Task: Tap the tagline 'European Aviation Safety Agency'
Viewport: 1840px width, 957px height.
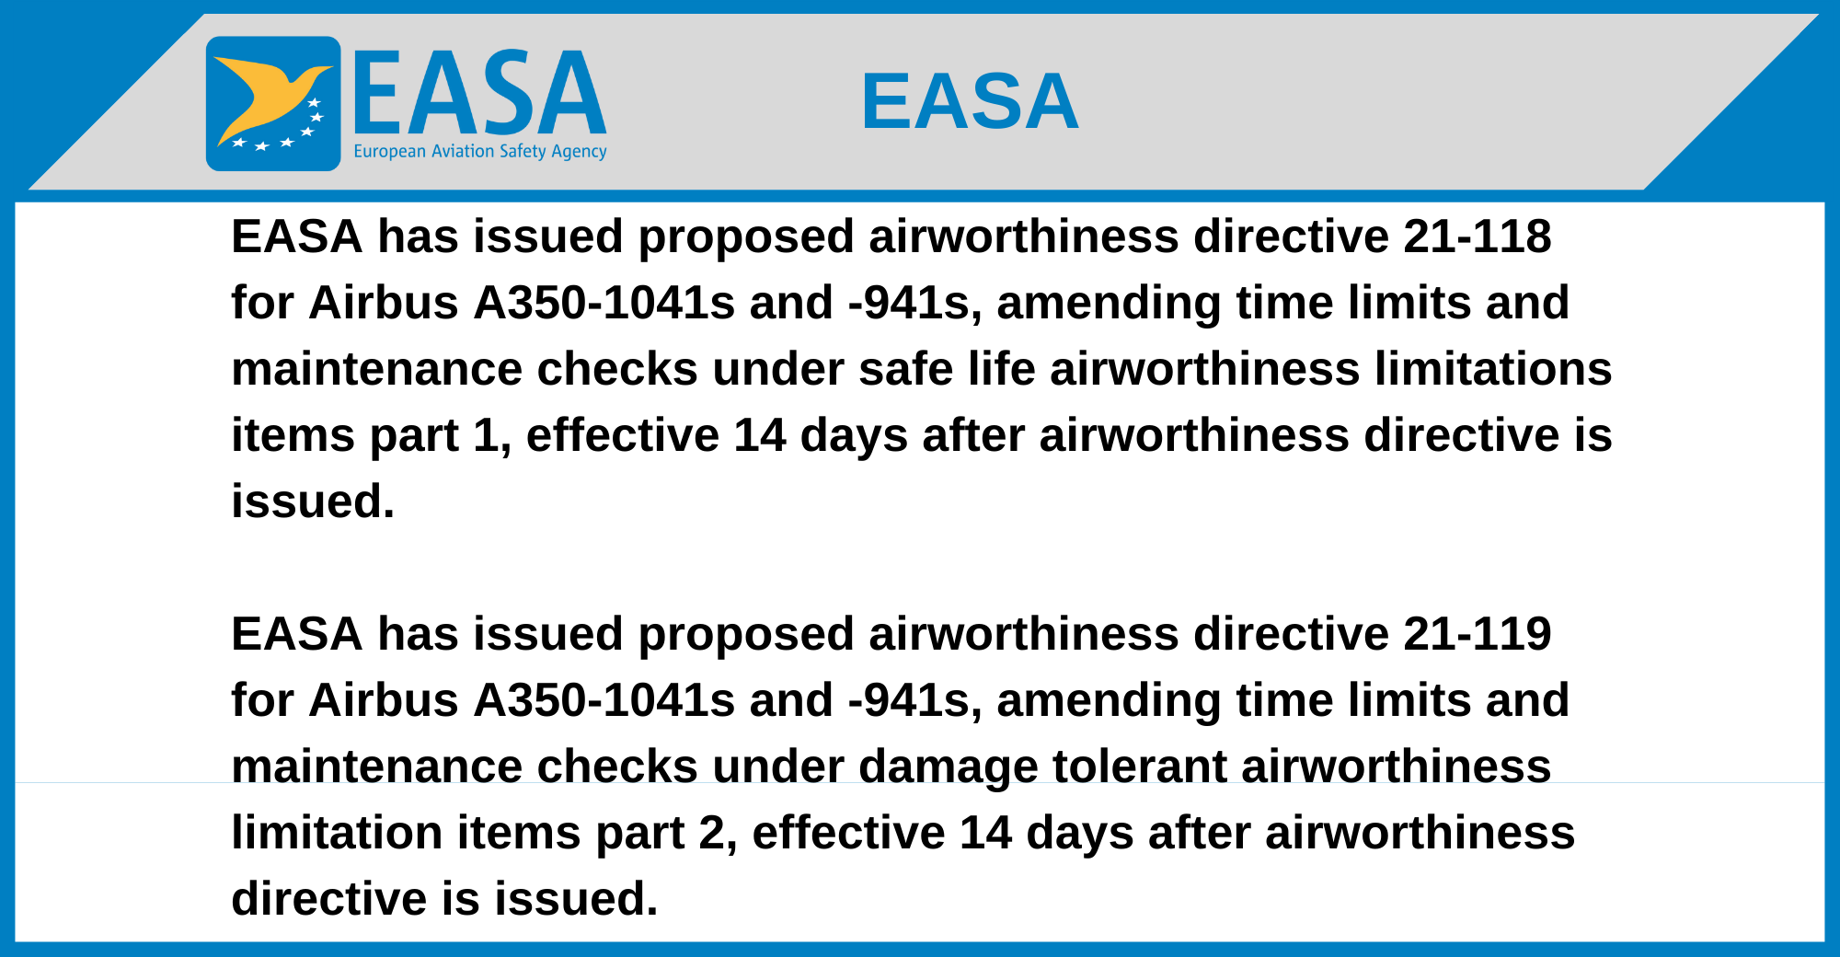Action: coord(480,152)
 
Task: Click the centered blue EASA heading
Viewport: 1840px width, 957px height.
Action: coord(970,101)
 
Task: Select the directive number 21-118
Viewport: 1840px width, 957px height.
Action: coord(1478,236)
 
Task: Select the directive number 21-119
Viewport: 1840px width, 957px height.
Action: coord(1478,634)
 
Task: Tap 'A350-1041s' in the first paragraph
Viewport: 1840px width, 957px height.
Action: coord(604,303)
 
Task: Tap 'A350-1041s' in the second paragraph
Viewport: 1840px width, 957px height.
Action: coord(604,700)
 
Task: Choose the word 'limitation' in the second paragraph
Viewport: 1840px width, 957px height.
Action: coord(337,833)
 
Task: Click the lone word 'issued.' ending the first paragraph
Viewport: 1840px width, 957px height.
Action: coord(313,502)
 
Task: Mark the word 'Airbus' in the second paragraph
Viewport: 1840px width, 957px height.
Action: coord(384,700)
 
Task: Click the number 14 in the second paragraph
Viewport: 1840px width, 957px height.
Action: coord(985,833)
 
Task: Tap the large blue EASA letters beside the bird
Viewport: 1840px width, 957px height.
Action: coord(479,92)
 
